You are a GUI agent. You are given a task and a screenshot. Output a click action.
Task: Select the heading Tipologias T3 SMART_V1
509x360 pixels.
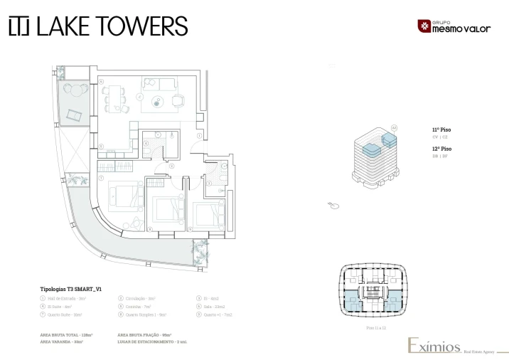[70, 290]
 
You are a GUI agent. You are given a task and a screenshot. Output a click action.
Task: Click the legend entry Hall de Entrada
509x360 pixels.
[65, 298]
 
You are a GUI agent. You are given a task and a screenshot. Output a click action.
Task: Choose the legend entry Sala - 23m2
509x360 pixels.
[218, 306]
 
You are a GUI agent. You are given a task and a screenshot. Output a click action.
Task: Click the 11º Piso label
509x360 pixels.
[441, 129]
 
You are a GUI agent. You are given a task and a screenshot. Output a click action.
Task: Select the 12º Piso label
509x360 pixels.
[441, 149]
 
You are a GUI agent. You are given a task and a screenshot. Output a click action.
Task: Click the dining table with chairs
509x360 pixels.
[115, 99]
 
